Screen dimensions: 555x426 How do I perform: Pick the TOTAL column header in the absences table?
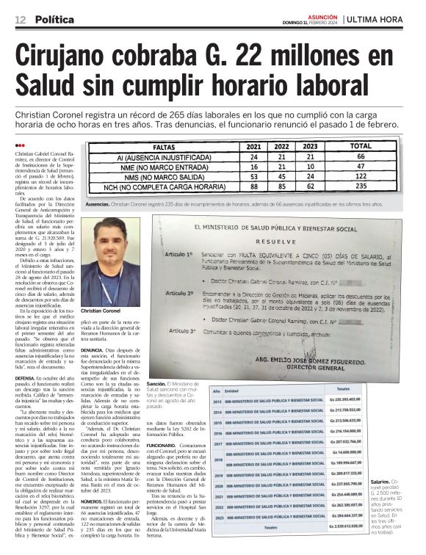tap(361, 147)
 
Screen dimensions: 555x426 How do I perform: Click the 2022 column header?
tap(281, 147)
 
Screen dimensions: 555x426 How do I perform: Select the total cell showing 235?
tap(361, 186)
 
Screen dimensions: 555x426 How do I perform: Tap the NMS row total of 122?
tap(361, 176)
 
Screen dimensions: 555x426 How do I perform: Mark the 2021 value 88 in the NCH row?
tap(254, 186)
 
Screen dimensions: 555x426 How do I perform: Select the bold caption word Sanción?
tap(156, 384)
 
